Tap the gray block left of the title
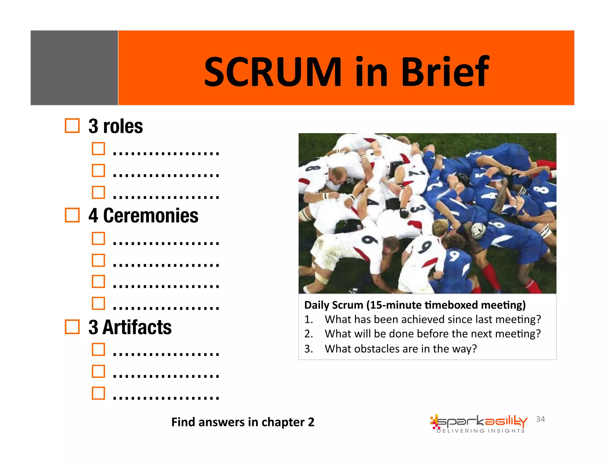click(x=74, y=68)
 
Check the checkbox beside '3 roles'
click(x=72, y=126)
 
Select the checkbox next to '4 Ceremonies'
click(x=72, y=215)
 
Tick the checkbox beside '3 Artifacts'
click(x=72, y=327)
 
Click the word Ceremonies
click(x=151, y=215)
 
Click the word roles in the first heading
click(x=123, y=126)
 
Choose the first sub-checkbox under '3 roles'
click(x=98, y=148)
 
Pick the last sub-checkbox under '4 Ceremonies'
click(x=98, y=303)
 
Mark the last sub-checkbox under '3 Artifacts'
click(x=98, y=393)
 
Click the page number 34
click(x=540, y=419)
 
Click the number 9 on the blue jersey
click(x=454, y=256)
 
